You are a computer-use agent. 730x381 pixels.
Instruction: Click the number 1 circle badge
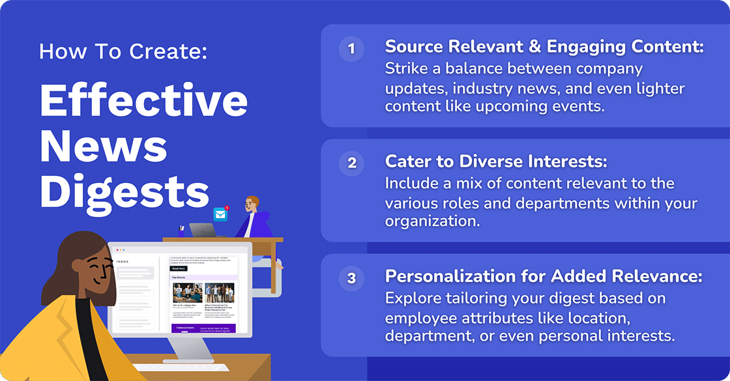[351, 49]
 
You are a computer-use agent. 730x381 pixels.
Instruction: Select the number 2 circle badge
[351, 163]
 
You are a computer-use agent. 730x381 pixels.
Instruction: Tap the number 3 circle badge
[351, 278]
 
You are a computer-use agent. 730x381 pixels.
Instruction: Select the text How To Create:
[123, 51]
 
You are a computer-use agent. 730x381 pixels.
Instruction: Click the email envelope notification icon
[221, 214]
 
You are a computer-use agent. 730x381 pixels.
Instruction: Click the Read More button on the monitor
[179, 268]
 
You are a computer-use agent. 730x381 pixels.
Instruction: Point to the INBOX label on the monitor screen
[122, 262]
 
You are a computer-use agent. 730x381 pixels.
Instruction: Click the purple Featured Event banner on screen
[203, 328]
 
